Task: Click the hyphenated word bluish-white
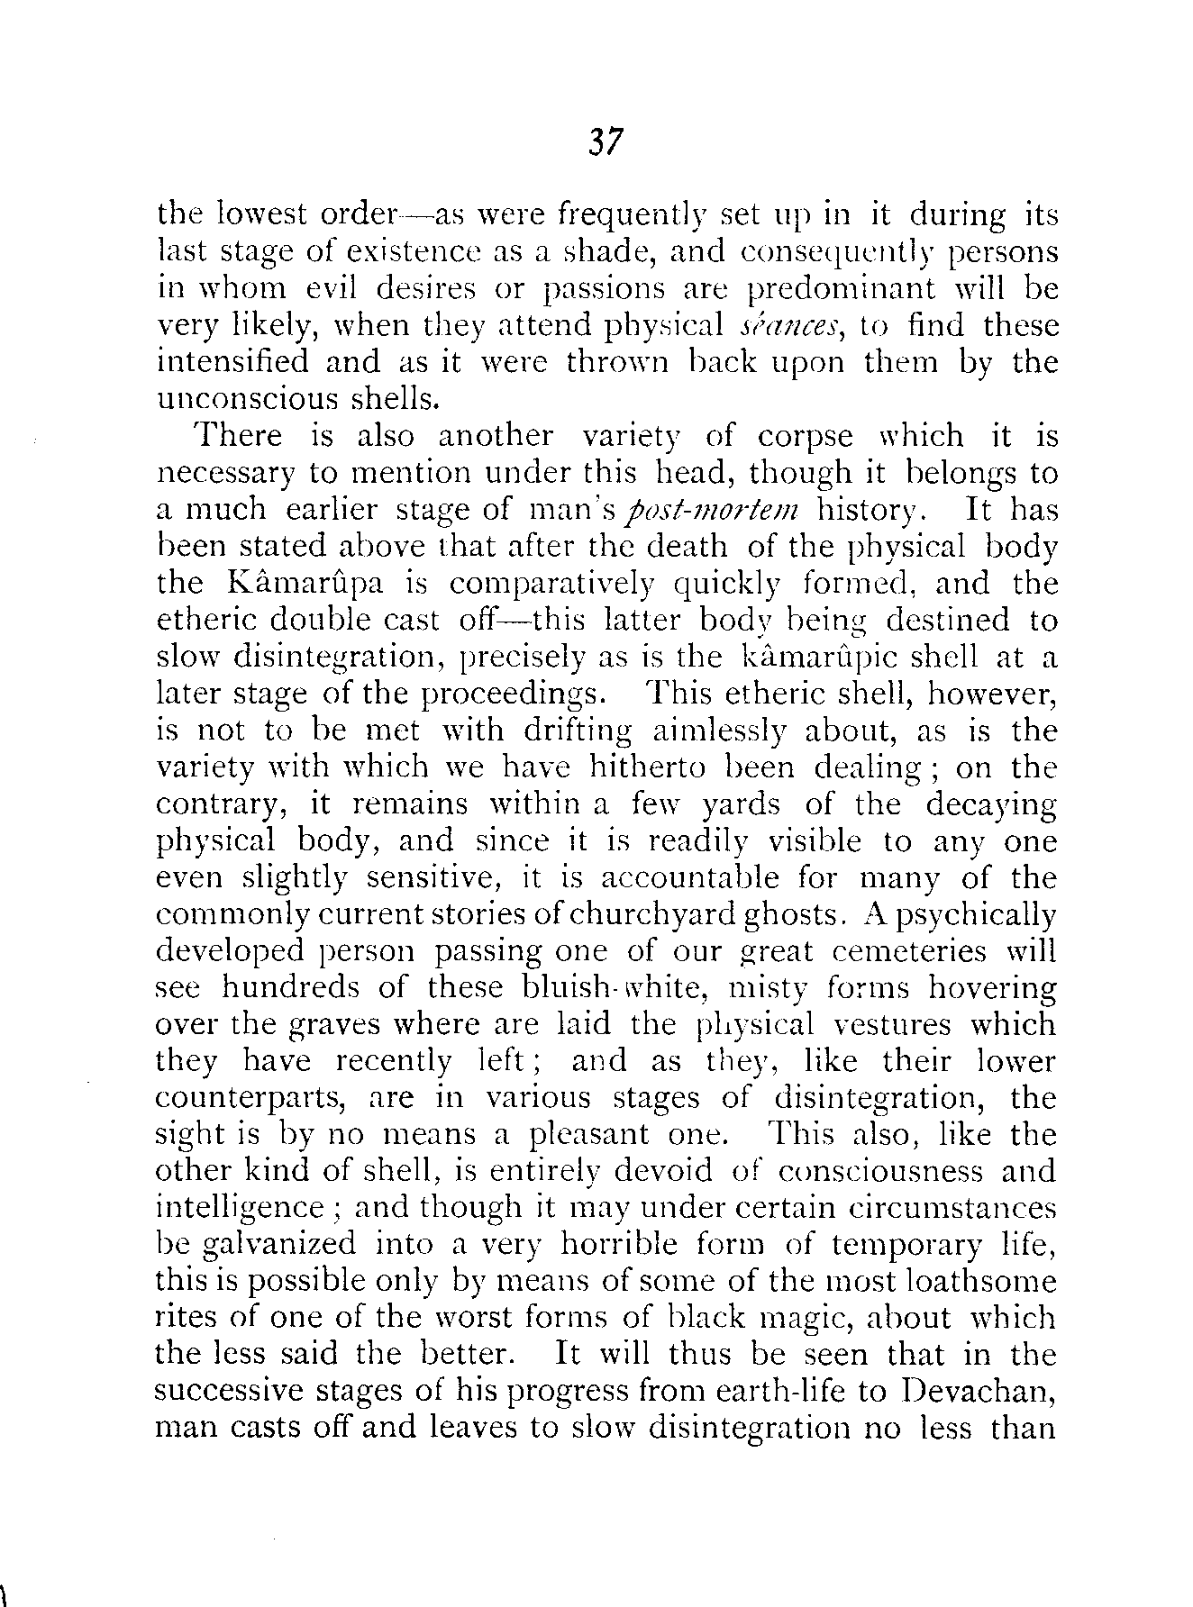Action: (600, 988)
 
